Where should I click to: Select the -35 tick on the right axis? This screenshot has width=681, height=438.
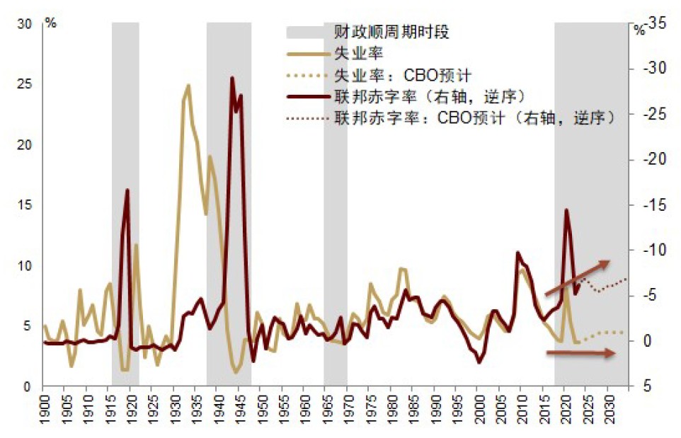(x=656, y=23)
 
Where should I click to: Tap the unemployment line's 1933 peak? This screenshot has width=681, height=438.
(x=188, y=86)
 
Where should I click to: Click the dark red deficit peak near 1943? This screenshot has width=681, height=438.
(x=231, y=78)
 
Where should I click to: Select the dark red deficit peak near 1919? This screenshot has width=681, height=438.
(x=127, y=190)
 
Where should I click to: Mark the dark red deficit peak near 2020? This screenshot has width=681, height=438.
(x=566, y=210)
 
